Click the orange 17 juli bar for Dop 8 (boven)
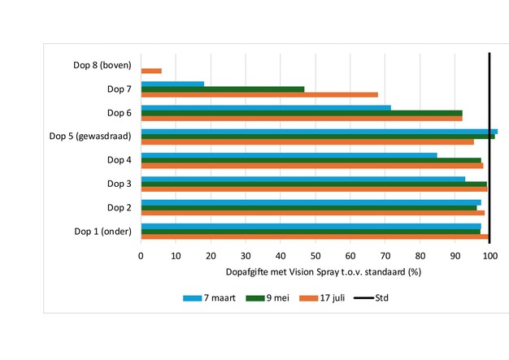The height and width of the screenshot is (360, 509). pos(151,71)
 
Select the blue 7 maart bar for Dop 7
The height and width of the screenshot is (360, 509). pos(172,84)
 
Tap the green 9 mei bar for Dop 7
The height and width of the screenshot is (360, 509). pos(223,89)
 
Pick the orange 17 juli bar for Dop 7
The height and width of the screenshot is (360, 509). pos(259,94)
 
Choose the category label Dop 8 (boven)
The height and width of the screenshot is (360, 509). pos(102,65)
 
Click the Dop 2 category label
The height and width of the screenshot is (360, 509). pos(120,207)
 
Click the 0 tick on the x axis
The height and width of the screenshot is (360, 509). pos(141,254)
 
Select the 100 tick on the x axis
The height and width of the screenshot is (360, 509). pos(489,254)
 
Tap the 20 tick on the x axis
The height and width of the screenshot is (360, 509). pos(211,254)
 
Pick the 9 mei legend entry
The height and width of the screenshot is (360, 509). pos(276,298)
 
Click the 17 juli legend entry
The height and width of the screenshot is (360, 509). pos(333,298)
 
